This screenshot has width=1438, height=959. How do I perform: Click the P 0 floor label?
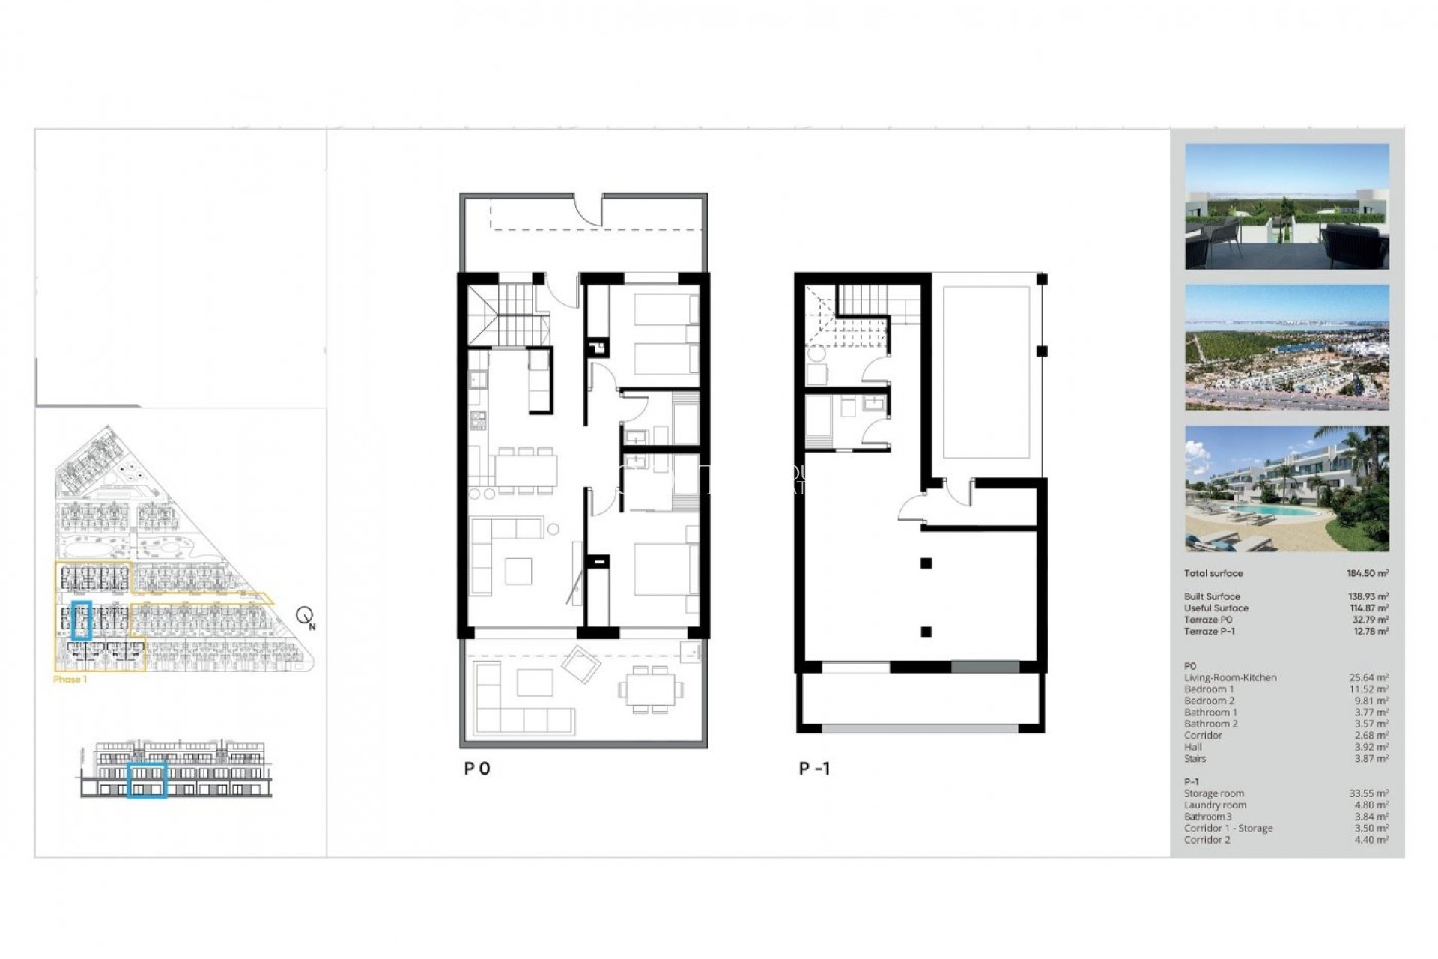coord(477,768)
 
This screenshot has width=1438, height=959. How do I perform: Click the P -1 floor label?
coord(814,768)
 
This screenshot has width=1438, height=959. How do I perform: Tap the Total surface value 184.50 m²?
coord(1368,573)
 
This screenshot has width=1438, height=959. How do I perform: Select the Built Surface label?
coord(1212,596)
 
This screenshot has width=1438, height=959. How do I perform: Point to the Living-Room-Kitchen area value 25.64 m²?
coord(1368,677)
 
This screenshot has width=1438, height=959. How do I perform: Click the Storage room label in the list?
coord(1214,793)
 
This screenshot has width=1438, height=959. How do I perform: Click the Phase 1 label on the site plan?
coord(70,680)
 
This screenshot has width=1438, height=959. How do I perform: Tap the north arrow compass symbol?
coord(305,617)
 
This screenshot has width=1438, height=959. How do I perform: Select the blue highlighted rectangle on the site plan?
coord(81,620)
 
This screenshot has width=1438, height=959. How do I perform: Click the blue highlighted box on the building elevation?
coord(146,780)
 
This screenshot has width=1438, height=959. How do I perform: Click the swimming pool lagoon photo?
coord(1287,488)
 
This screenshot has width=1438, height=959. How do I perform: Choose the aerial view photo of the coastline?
coord(1287,347)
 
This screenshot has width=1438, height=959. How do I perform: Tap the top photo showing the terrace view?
coord(1287,207)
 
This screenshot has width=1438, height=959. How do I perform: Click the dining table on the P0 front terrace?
coord(650,689)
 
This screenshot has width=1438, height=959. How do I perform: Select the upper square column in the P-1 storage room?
coord(926,563)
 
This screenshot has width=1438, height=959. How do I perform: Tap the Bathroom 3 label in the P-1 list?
coord(1207,817)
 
